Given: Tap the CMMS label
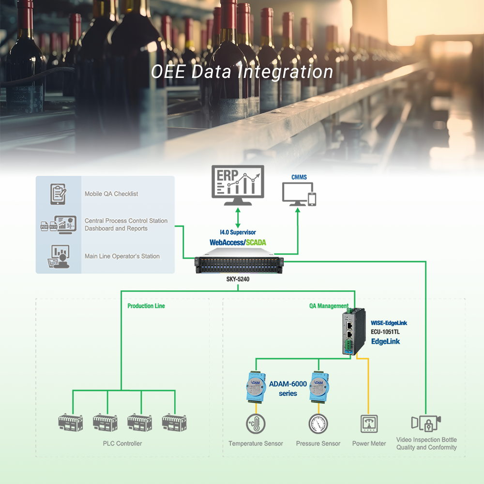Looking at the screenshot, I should click(x=299, y=178).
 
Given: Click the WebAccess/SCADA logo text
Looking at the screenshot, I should click(x=238, y=242).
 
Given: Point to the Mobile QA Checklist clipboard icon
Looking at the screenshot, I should click(x=59, y=194).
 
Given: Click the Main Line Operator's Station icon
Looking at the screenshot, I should click(x=59, y=256).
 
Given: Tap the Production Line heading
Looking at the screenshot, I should click(x=146, y=306).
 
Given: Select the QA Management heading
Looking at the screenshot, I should click(x=329, y=306).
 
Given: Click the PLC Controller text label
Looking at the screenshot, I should click(x=122, y=443).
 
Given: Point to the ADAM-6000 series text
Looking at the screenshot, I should click(x=288, y=388).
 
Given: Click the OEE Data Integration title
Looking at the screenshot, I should click(x=242, y=72).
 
